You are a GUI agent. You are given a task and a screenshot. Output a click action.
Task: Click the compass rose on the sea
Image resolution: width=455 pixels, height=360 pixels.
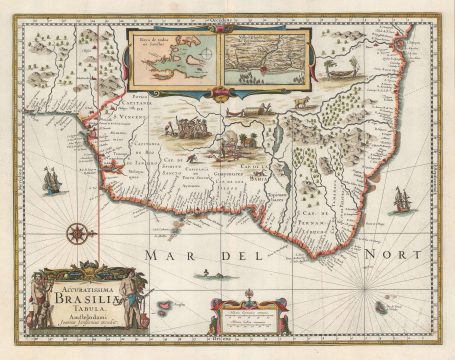[x=77, y=235]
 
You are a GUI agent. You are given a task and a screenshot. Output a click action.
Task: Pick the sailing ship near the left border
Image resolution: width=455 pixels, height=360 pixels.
[x=50, y=181]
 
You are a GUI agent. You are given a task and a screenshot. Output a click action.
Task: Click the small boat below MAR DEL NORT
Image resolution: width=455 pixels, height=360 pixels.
[x=206, y=273]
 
